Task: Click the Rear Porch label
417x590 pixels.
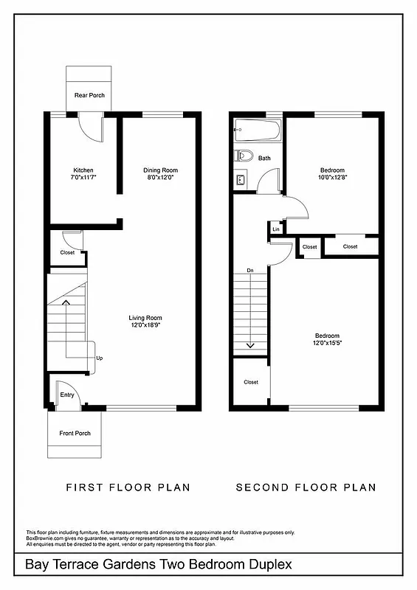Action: point(89,95)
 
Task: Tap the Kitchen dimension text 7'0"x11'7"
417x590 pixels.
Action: point(84,177)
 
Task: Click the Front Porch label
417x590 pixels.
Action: point(75,433)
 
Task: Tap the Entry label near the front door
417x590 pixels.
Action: point(67,395)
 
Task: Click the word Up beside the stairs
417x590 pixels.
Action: point(100,358)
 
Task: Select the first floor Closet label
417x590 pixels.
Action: point(67,253)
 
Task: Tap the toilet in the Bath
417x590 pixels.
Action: point(244,156)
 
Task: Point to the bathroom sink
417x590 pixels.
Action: point(241,178)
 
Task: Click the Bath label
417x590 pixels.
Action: point(264,158)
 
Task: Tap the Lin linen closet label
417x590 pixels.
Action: point(276,229)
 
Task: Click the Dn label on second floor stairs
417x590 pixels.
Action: point(250,270)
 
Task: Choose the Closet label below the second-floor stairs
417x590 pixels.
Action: point(251,382)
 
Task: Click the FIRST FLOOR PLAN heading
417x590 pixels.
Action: point(128,487)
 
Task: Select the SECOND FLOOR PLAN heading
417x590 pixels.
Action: point(306,487)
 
